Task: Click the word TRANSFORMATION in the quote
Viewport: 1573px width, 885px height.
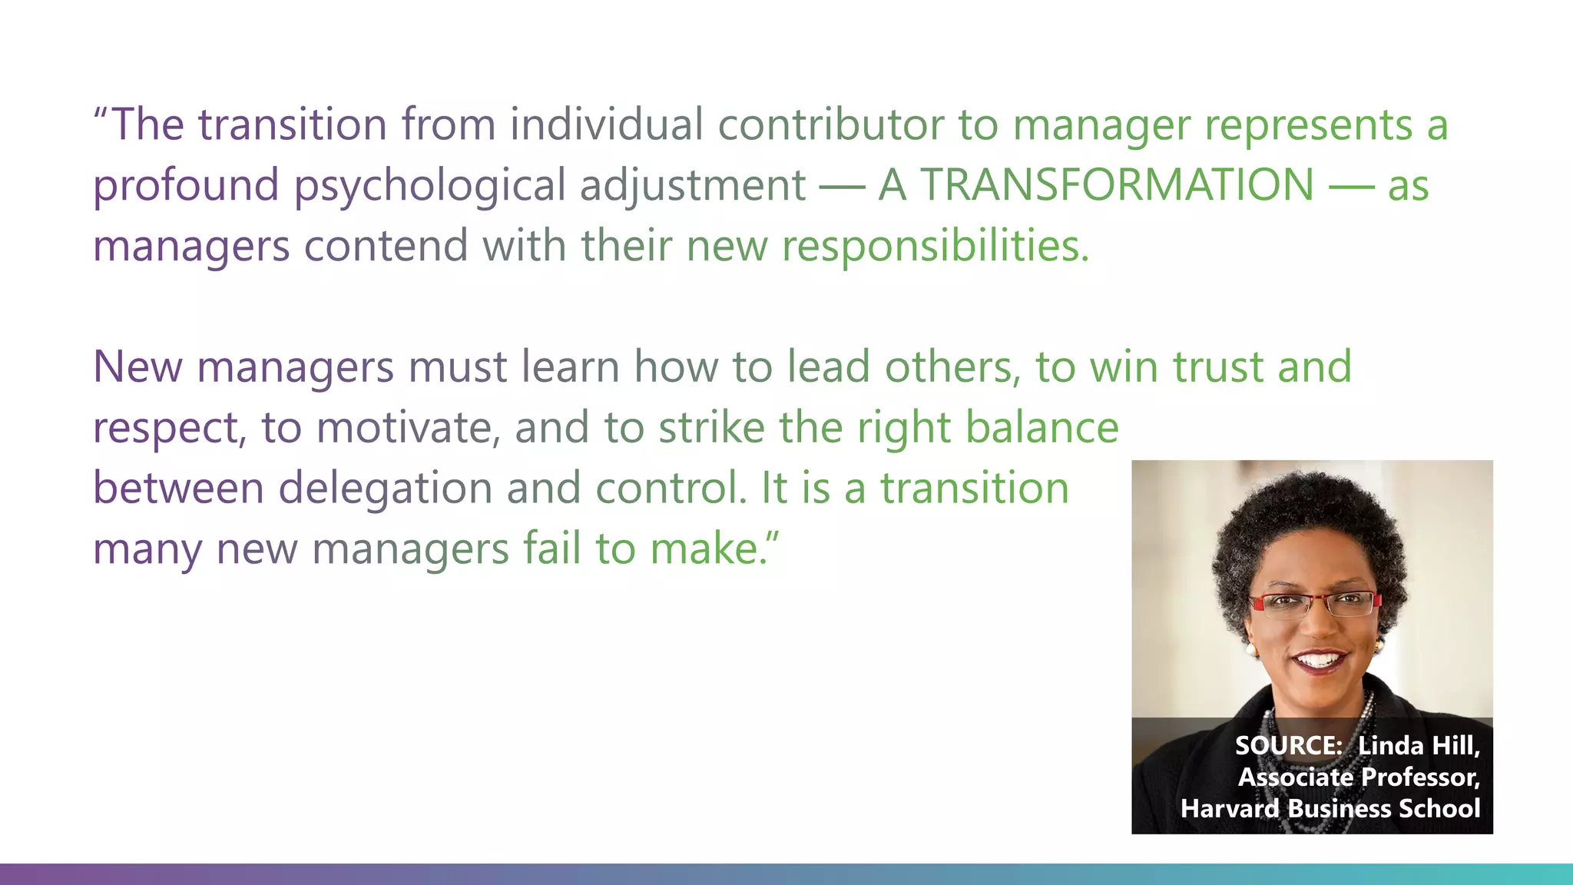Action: [1117, 185]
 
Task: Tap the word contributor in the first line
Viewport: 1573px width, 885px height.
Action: [830, 124]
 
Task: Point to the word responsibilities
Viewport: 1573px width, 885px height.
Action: [935, 247]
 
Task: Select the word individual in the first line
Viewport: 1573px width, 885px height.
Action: [607, 124]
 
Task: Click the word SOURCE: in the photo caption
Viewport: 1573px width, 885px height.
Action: [1288, 745]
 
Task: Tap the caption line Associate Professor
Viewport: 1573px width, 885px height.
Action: [1359, 777]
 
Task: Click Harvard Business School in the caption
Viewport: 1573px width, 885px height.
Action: [1330, 808]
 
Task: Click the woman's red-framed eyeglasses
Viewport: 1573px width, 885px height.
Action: [1314, 604]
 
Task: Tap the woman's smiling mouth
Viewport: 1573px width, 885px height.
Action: [1319, 660]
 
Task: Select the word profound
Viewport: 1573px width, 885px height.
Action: [186, 185]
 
